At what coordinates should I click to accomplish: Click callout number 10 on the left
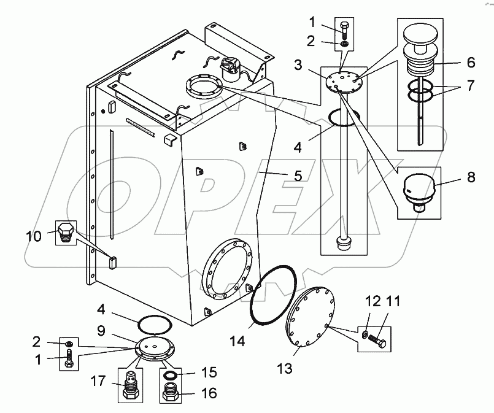[33, 235]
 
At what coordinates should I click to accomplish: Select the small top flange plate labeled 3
[347, 82]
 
